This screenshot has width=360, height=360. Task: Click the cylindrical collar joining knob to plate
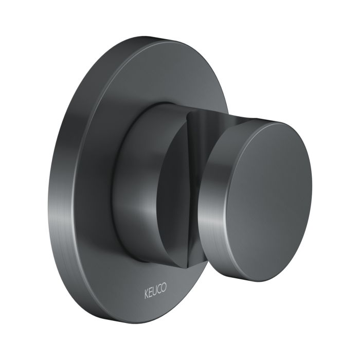tap(136, 170)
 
